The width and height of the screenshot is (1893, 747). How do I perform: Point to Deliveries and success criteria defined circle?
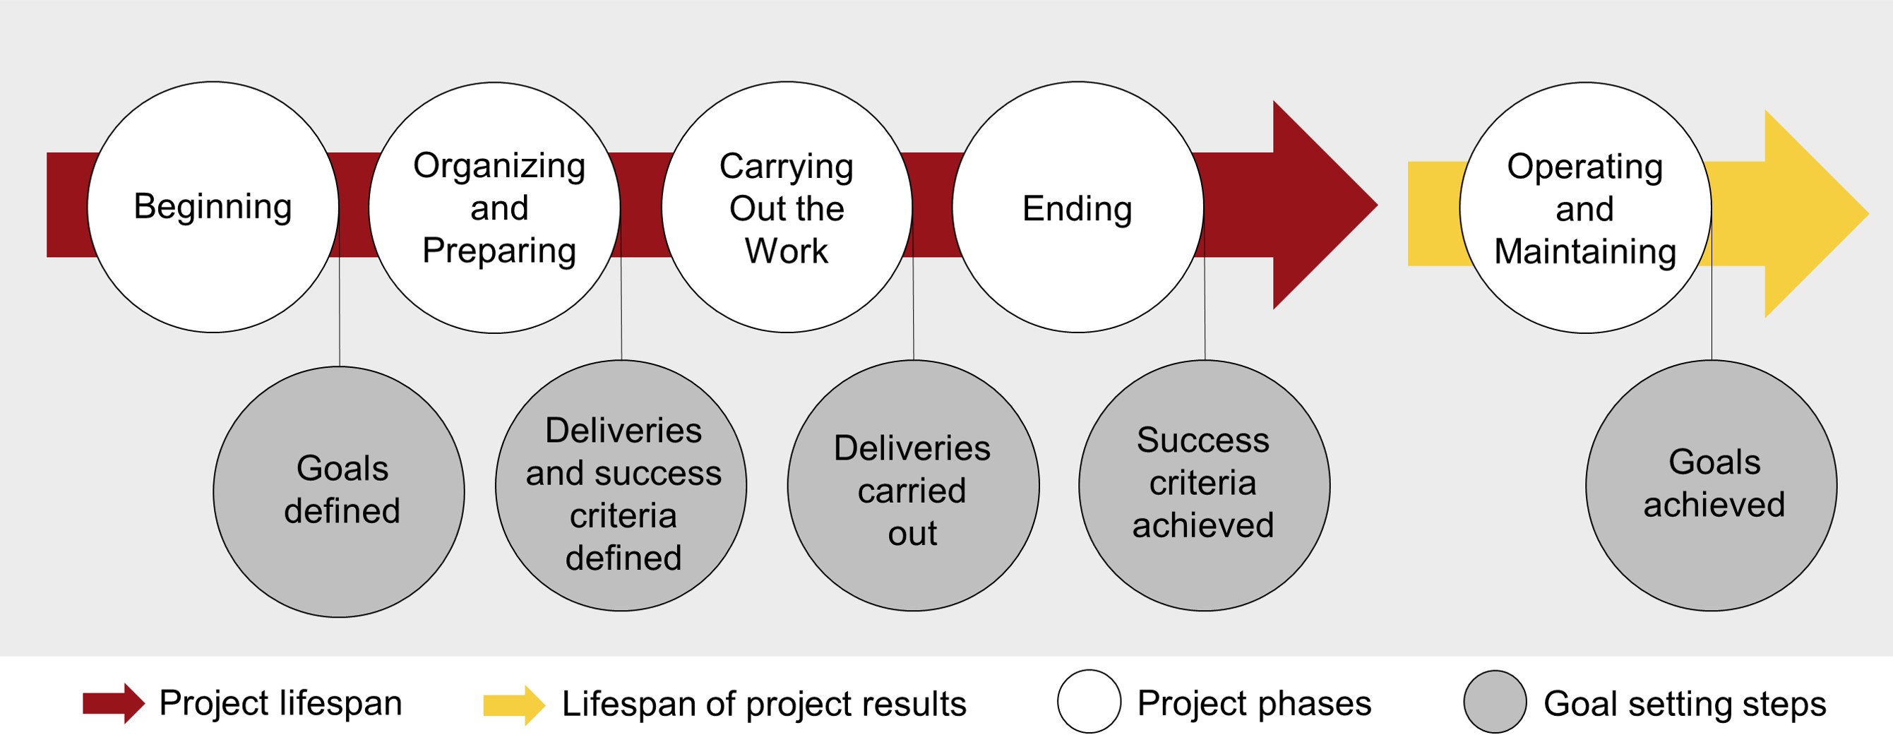point(621,486)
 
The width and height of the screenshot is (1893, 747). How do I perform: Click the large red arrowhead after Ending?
point(1315,205)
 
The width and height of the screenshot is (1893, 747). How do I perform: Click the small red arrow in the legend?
point(113,703)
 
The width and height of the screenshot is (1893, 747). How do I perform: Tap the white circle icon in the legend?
point(1089,702)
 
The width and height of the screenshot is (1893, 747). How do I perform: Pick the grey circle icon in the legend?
point(1495,702)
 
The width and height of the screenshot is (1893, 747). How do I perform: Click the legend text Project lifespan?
point(281,703)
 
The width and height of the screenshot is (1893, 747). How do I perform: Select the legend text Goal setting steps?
point(1684,704)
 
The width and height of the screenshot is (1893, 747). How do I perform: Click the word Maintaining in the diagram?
point(1585,251)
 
